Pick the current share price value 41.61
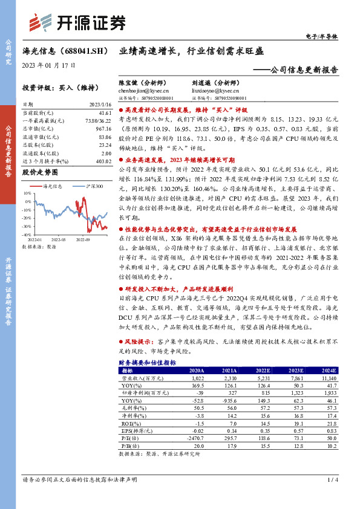[x=104, y=113]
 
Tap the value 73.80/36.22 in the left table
[x=100, y=120]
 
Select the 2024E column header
[x=328, y=369]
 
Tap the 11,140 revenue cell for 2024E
[x=328, y=377]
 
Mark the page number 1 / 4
[x=331, y=479]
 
